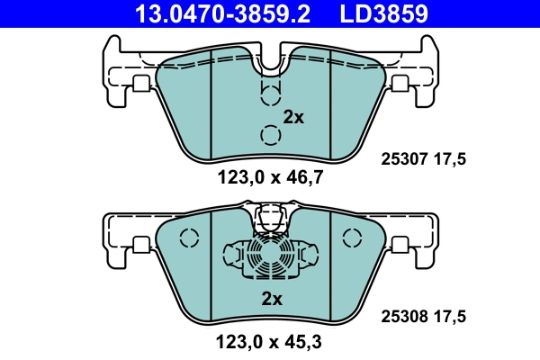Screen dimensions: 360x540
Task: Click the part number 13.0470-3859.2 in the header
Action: tap(217, 13)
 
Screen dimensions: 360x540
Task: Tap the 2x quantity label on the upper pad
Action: tap(294, 116)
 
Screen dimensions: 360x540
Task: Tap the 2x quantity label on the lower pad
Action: tap(272, 298)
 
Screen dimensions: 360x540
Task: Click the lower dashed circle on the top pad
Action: tap(269, 135)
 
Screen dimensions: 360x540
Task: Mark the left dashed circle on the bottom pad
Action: tap(188, 238)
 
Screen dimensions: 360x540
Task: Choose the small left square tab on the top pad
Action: tap(140, 83)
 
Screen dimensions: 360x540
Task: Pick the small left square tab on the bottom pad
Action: tap(140, 244)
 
